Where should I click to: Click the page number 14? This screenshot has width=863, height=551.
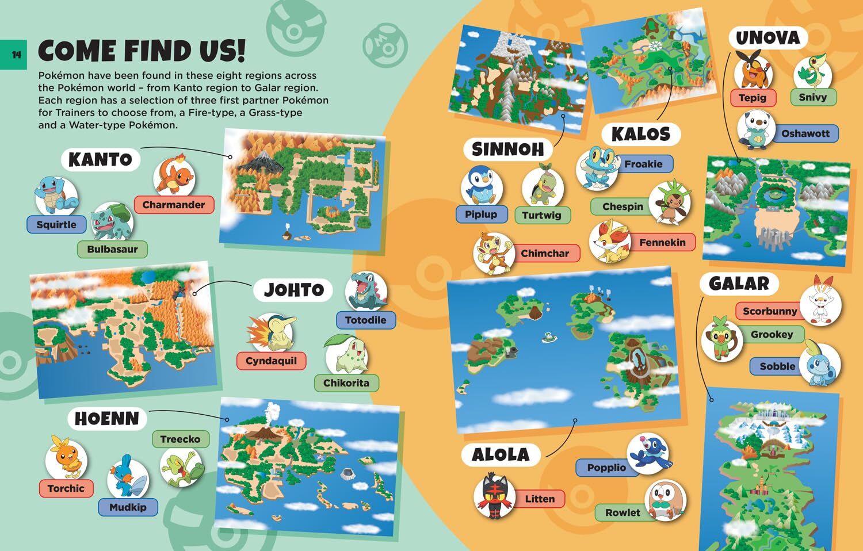(16, 55)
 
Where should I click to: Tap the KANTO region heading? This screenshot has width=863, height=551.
(100, 159)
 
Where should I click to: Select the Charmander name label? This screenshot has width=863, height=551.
(174, 205)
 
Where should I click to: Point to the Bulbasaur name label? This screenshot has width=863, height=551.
(112, 249)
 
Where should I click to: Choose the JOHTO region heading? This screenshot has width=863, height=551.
(293, 289)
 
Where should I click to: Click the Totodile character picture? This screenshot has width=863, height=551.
(366, 292)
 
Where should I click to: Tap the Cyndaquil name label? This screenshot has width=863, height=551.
(271, 361)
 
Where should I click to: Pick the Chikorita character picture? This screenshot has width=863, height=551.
(346, 356)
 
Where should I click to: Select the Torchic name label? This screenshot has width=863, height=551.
(66, 488)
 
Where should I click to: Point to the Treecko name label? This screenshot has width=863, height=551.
(180, 439)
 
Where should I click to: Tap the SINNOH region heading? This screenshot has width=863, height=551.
(507, 150)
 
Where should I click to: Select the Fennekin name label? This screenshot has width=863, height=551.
(662, 243)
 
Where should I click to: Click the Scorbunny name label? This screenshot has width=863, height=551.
(770, 311)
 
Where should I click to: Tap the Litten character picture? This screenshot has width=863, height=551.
(494, 495)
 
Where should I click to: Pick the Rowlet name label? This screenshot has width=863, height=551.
(623, 512)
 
